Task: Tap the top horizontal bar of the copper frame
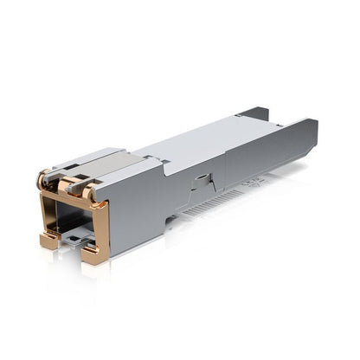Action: click(x=73, y=201)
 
